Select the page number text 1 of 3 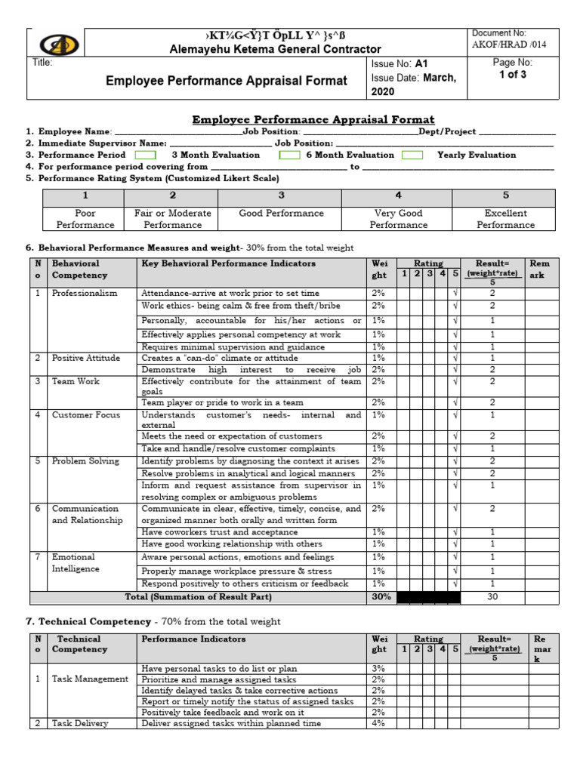[512, 75]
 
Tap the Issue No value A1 [421, 64]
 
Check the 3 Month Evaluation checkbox [145, 155]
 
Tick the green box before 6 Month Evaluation [289, 155]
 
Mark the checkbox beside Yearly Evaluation [412, 155]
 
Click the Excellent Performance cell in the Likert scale [505, 219]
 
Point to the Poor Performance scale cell [85, 219]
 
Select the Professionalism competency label [85, 293]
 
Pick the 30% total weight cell [381, 597]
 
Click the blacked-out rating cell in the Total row [428, 597]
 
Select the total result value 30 [492, 597]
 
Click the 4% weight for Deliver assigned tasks [378, 723]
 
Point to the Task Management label [90, 679]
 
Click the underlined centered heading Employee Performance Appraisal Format [313, 119]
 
